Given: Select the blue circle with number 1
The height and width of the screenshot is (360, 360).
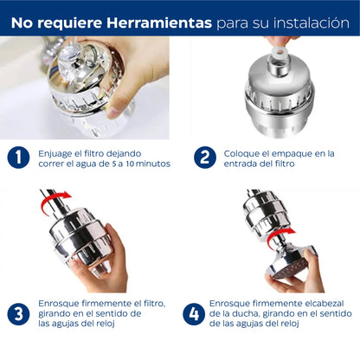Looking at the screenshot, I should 18,157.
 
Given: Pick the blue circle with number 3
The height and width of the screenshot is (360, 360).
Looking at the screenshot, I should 18,312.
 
